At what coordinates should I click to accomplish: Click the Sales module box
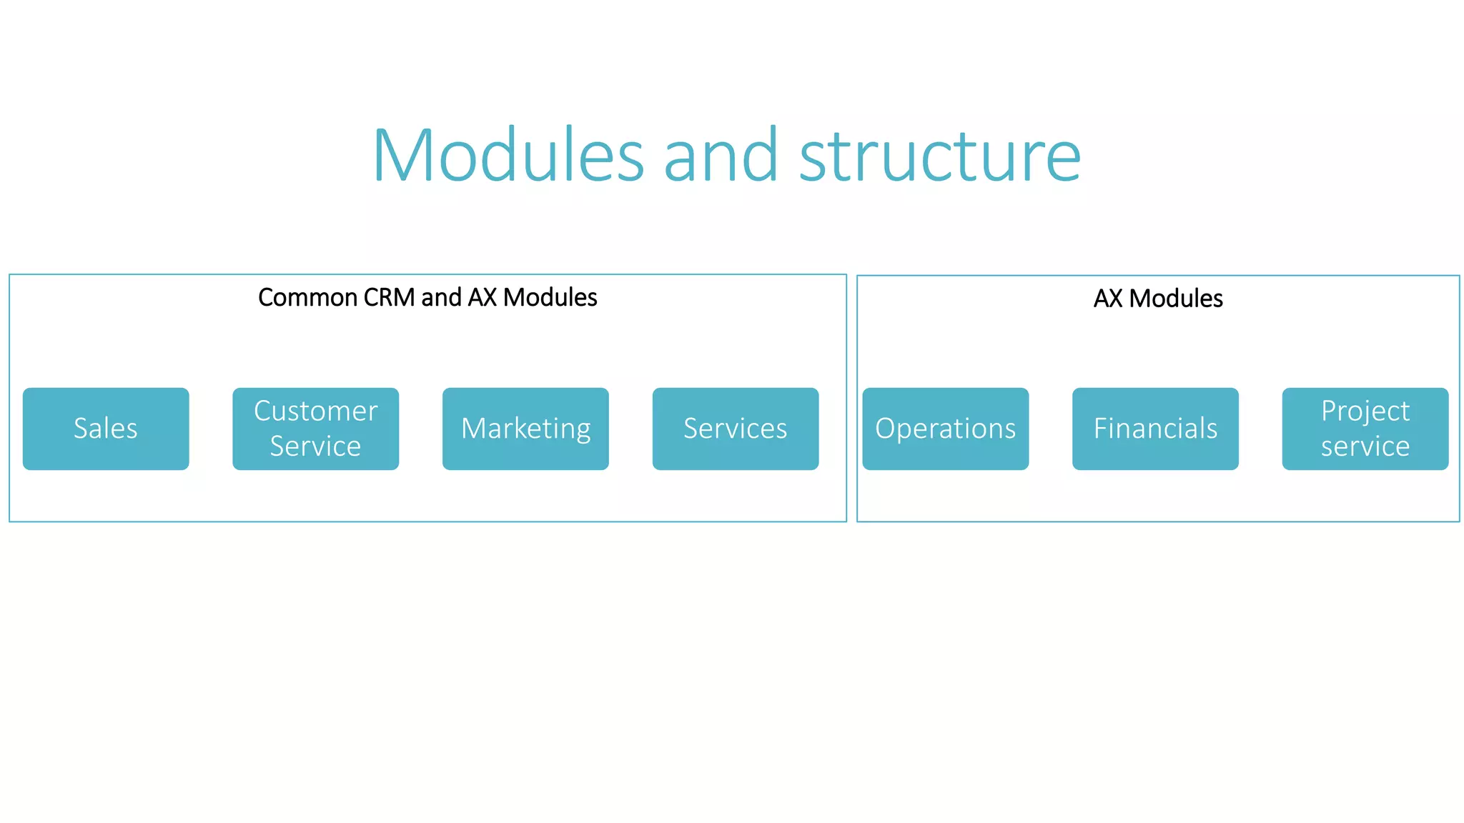point(106,429)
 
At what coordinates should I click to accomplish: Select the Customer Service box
point(315,429)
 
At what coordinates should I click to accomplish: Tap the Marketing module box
point(525,429)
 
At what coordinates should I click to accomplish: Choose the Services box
point(735,429)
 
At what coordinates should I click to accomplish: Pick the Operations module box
point(945,429)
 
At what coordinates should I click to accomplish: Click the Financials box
point(1155,429)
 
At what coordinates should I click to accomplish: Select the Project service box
point(1365,429)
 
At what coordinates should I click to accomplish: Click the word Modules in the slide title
point(508,156)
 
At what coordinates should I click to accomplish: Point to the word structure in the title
point(939,156)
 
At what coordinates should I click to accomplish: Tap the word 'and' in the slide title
point(721,156)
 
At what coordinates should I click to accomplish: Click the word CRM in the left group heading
point(389,297)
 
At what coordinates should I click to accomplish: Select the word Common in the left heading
point(307,297)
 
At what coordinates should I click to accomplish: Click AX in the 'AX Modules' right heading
point(1108,299)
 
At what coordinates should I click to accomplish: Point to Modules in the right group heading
point(1176,299)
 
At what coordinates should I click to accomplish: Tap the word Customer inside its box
point(315,411)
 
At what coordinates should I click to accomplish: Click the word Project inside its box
point(1365,411)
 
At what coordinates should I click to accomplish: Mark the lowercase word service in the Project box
point(1365,447)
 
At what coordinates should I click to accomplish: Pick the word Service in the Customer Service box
point(315,447)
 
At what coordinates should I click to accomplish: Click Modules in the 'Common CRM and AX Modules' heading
point(550,297)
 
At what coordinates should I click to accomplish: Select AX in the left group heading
point(482,297)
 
